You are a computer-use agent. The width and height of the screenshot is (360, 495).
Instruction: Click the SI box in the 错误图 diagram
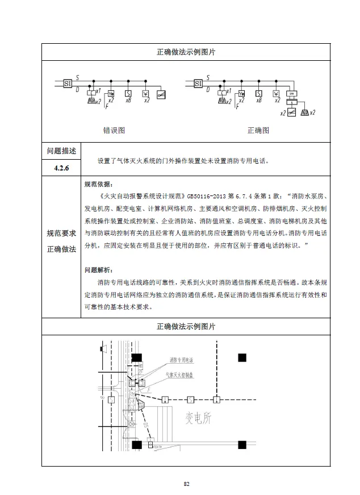point(68,83)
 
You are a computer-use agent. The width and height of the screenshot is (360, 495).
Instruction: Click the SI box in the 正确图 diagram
point(198,84)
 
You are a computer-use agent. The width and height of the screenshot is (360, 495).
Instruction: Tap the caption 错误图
point(114,130)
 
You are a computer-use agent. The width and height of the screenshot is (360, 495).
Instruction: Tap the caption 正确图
point(258,130)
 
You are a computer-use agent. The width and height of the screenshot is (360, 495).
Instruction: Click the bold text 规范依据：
point(98,184)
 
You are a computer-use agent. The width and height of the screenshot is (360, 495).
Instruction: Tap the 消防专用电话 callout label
point(181,360)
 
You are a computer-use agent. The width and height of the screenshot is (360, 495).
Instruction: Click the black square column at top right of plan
point(242,357)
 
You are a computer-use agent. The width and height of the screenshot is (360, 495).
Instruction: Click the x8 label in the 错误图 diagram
point(129,101)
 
